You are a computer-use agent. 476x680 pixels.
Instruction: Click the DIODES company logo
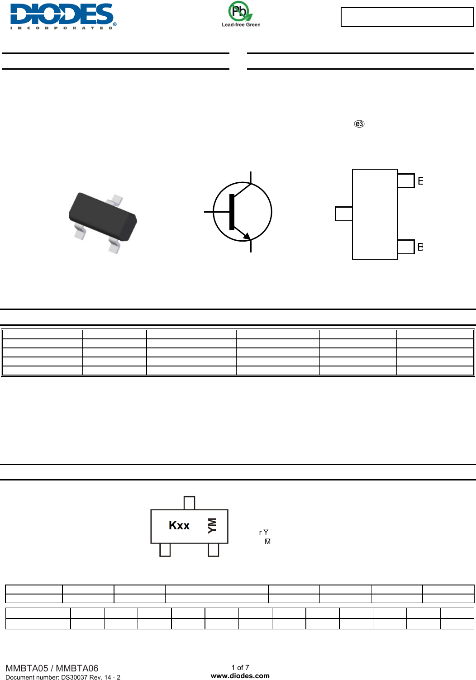tap(63, 16)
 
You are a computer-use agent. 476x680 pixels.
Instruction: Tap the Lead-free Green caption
tap(241, 25)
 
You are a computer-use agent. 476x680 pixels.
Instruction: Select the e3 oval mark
tap(359, 124)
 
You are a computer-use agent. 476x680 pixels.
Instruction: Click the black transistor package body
tap(103, 217)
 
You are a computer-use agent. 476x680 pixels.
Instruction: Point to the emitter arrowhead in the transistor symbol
tap(247, 236)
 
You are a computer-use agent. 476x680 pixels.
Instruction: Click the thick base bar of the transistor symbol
tap(232, 212)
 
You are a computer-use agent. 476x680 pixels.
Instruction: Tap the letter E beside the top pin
tap(420, 181)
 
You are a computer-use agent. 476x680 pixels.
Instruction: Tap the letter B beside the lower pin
tap(420, 247)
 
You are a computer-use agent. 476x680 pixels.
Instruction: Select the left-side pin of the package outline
tap(343, 214)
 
